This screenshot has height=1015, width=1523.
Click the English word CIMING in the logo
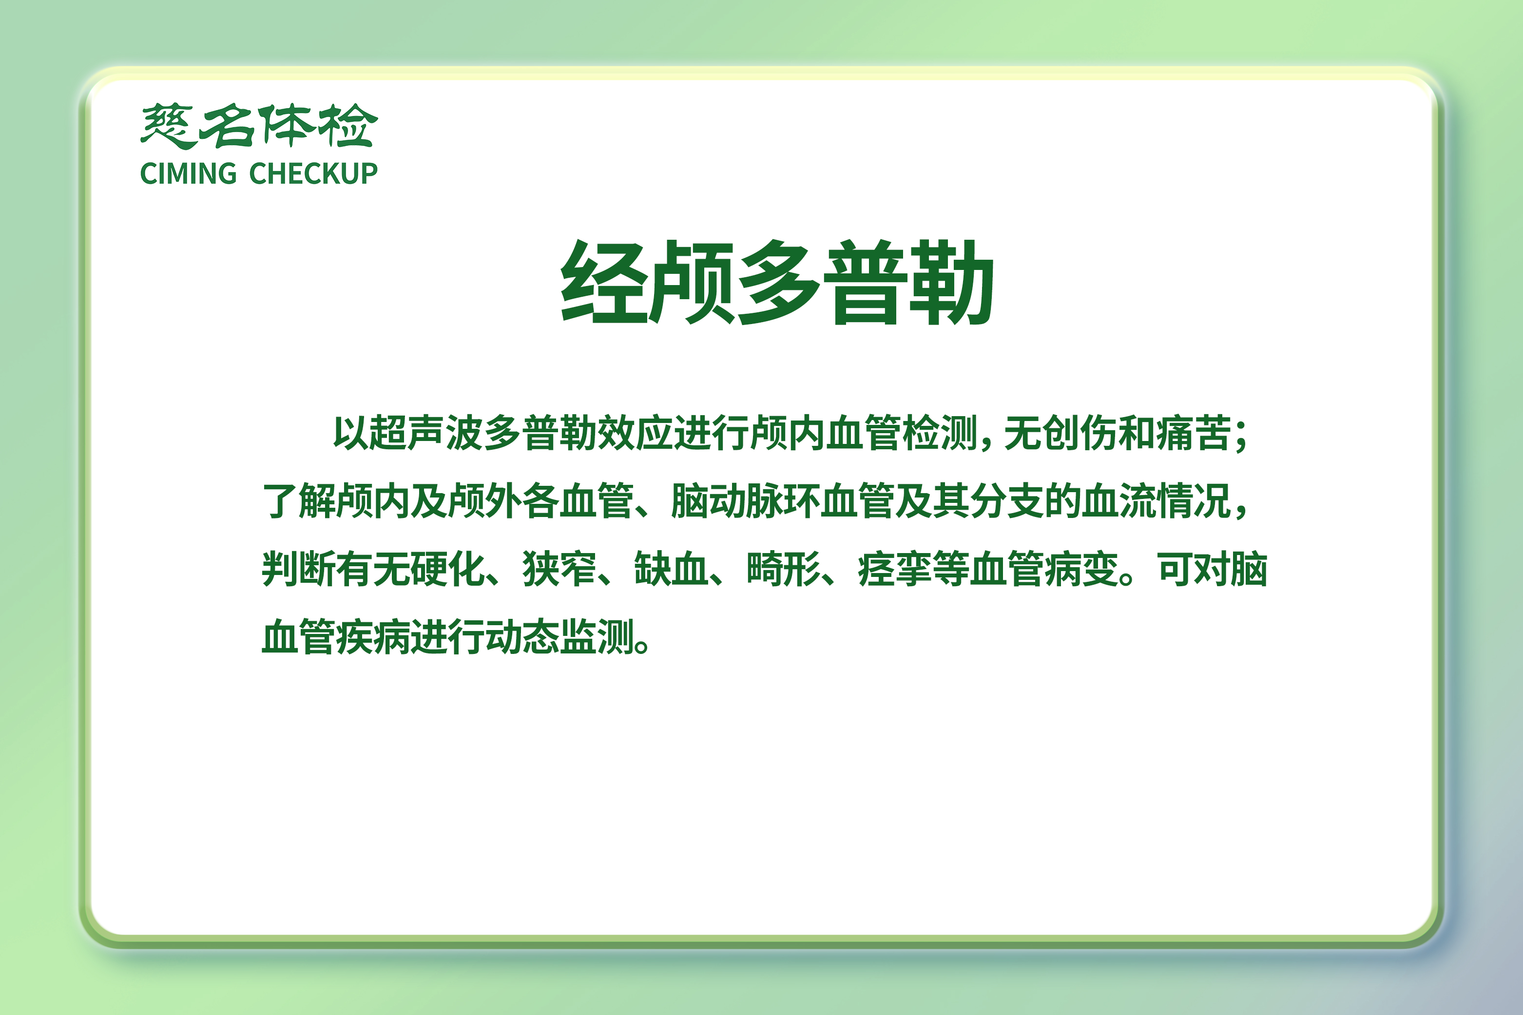(x=188, y=173)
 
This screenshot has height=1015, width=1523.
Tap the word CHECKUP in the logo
(x=313, y=173)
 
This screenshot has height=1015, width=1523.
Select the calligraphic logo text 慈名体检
(x=259, y=126)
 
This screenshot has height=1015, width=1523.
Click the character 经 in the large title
(x=604, y=282)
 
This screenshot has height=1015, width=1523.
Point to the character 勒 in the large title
(x=951, y=282)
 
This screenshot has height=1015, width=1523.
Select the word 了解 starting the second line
(x=299, y=501)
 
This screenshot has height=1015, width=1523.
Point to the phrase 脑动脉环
(x=745, y=501)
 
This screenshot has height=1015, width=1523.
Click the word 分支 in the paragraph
(x=1007, y=501)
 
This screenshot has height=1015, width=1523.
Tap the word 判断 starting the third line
(x=299, y=569)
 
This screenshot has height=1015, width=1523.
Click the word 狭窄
(x=560, y=569)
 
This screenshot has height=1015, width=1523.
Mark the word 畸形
(x=784, y=569)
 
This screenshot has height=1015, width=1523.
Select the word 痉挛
(x=895, y=569)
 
